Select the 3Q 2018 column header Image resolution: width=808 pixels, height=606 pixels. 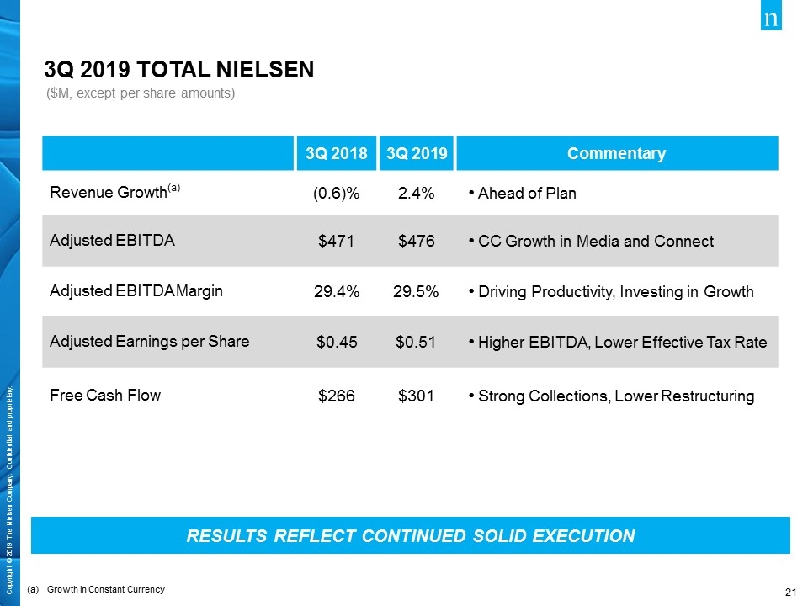point(337,153)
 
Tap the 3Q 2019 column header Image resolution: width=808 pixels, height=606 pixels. point(417,153)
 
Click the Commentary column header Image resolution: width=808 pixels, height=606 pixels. point(617,153)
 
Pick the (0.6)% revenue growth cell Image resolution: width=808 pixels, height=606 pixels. point(337,194)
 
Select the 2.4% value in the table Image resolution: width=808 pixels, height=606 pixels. point(417,194)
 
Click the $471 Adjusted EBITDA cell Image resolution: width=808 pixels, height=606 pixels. point(337,242)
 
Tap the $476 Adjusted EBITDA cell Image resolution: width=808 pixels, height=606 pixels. point(417,242)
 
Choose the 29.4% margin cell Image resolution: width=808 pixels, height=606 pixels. point(337,292)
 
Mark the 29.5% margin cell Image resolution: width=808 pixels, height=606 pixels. point(417,292)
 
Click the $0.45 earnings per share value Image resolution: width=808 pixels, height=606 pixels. point(337,343)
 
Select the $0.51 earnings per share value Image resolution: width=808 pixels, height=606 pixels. point(417,343)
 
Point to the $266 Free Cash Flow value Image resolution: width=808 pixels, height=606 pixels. point(337,396)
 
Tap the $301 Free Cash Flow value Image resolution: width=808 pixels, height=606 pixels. point(417,396)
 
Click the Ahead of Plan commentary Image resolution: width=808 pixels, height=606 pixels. point(527,194)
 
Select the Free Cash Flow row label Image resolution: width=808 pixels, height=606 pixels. point(105,394)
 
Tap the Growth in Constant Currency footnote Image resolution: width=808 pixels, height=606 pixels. point(106,589)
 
